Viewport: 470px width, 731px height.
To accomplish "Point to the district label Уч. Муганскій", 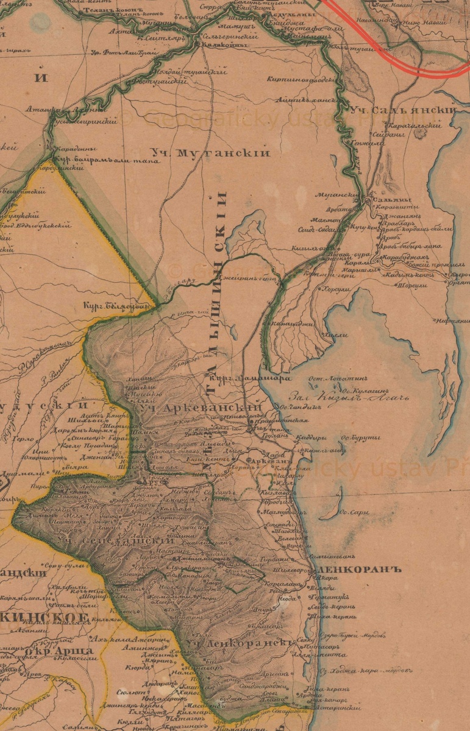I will (x=210, y=154).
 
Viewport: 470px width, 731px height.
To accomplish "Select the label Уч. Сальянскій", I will (x=403, y=110).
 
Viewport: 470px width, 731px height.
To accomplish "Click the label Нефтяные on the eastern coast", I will (x=452, y=320).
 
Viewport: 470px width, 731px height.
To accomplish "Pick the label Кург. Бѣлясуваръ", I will (x=117, y=306).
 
